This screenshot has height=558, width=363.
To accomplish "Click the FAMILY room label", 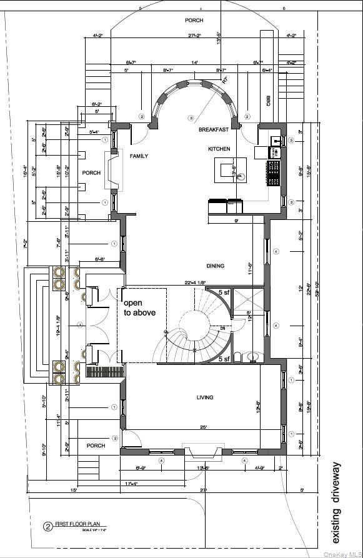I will point(139,156).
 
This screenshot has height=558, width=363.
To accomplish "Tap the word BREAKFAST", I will point(211,129).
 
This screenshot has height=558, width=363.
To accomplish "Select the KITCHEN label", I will point(219,149).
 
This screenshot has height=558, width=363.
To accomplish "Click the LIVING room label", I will point(204,397).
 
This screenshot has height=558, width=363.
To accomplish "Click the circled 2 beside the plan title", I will point(46,526).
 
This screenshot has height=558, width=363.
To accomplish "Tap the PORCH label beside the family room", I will point(91,172).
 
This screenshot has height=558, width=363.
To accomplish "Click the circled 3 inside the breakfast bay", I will point(191,118).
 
